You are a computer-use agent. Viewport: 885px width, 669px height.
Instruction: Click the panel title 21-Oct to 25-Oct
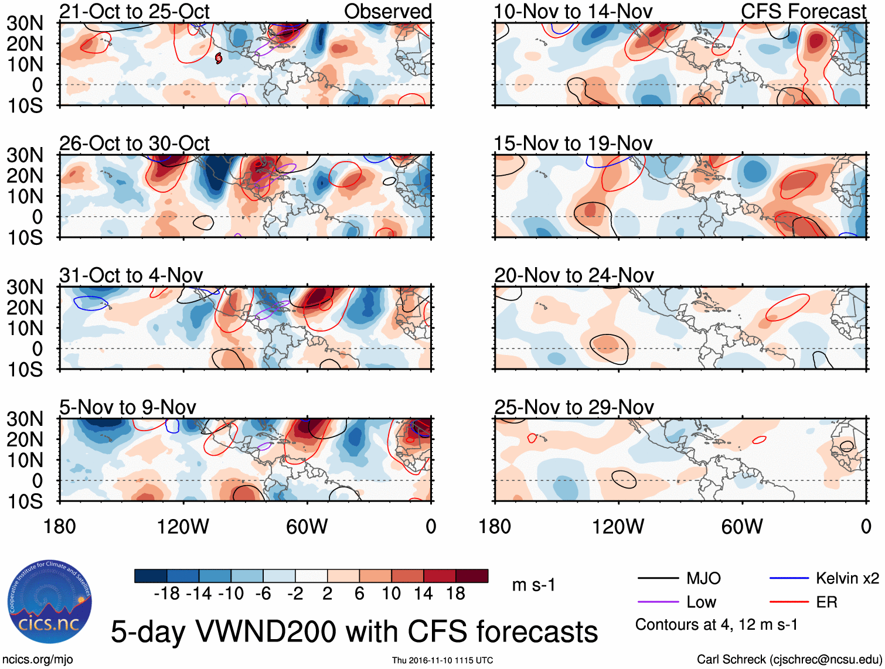pyautogui.click(x=134, y=12)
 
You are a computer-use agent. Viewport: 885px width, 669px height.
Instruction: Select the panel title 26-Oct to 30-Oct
pyautogui.click(x=134, y=144)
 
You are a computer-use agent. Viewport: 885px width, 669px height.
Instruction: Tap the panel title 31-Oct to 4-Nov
pyautogui.click(x=131, y=275)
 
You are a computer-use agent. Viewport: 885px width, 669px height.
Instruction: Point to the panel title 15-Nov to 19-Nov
pyautogui.click(x=573, y=144)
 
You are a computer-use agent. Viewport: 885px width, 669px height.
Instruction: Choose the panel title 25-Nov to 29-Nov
pyautogui.click(x=574, y=407)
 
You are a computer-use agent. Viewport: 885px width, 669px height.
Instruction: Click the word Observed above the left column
pyautogui.click(x=387, y=12)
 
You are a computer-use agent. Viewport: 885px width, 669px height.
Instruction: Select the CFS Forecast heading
pyautogui.click(x=804, y=12)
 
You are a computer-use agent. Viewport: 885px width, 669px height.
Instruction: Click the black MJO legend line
pyautogui.click(x=658, y=579)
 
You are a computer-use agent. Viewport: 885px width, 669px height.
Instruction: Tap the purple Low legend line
pyautogui.click(x=658, y=602)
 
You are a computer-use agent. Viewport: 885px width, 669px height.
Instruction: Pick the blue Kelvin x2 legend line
pyautogui.click(x=789, y=579)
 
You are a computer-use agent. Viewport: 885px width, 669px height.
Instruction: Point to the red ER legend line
pyautogui.click(x=789, y=602)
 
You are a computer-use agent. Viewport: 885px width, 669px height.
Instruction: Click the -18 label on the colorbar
pyautogui.click(x=167, y=594)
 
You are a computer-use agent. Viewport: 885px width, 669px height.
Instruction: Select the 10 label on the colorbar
pyautogui.click(x=391, y=594)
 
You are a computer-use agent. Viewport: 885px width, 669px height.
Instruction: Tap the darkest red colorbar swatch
pyautogui.click(x=472, y=576)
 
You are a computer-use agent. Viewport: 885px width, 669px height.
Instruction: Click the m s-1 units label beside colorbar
pyautogui.click(x=533, y=585)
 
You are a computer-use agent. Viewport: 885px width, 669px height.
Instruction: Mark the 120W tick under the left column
pyautogui.click(x=183, y=527)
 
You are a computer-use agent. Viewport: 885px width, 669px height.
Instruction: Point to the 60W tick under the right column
pyautogui.click(x=742, y=527)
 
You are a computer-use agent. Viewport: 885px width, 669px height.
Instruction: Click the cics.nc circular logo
pyautogui.click(x=50, y=602)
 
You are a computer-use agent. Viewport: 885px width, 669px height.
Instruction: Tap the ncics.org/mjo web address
pyautogui.click(x=38, y=660)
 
